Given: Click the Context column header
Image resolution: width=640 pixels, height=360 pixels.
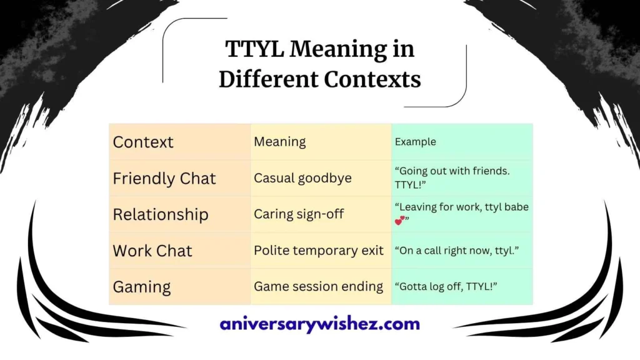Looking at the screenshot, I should [143, 142].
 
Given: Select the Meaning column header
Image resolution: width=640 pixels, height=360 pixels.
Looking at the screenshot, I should [279, 142].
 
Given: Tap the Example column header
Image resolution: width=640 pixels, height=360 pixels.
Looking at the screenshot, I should [415, 142].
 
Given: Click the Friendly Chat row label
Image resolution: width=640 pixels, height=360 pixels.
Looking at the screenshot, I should [164, 178].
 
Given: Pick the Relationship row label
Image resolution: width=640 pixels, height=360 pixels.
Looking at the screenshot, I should [161, 214].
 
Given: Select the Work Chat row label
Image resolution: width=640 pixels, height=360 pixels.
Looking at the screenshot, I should [152, 251].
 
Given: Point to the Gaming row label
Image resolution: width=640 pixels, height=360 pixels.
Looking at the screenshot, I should [142, 287].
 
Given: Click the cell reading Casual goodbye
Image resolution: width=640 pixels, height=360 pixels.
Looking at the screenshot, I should [302, 178].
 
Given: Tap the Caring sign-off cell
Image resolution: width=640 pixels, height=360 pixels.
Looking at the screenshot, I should [299, 214].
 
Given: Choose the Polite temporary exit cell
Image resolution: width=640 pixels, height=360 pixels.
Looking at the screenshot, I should [318, 251].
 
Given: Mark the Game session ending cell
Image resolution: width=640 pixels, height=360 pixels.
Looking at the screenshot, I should [318, 287].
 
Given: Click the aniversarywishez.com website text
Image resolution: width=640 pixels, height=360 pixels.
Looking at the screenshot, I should [319, 324].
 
